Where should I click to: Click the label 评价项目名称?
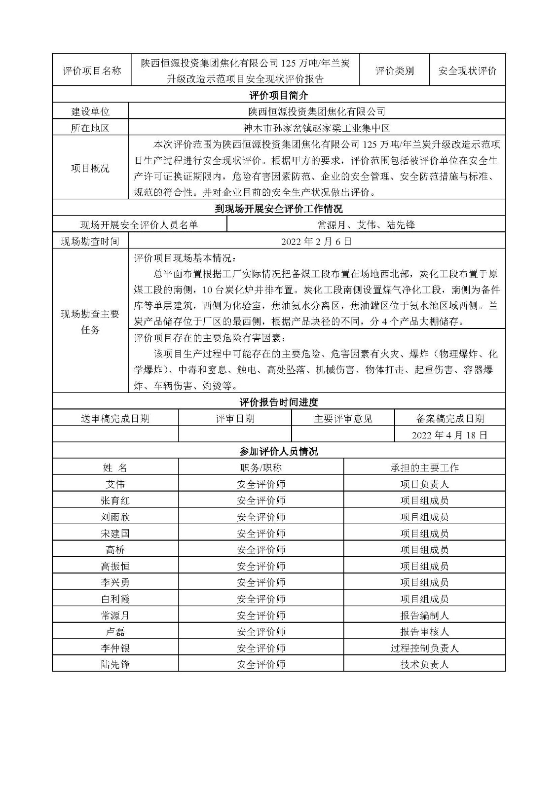(92, 71)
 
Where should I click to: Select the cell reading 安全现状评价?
(467, 71)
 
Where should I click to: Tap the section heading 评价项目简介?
(279, 95)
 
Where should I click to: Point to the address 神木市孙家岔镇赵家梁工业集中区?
(317, 128)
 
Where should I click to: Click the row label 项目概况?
(90, 168)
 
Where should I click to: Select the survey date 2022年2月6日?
(317, 241)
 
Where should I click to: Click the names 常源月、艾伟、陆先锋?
(366, 225)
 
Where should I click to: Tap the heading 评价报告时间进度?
(279, 402)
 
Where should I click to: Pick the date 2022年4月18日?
(449, 435)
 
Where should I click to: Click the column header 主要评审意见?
(343, 419)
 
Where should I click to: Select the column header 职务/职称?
(261, 467)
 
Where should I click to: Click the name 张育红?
(115, 501)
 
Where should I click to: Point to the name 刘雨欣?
(115, 517)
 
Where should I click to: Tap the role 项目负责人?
(424, 484)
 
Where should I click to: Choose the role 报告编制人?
(424, 615)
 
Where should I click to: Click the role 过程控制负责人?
(424, 648)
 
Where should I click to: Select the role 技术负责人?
(424, 664)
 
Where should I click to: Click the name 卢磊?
(115, 632)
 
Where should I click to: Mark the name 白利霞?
(115, 599)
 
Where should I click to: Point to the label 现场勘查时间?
(90, 241)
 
